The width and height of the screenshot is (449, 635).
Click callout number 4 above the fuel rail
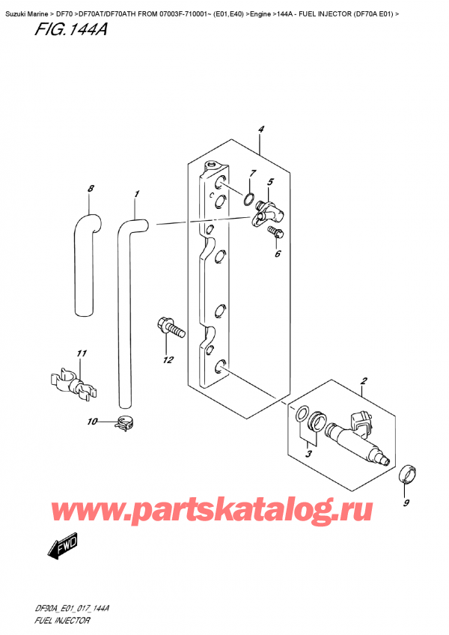(261, 130)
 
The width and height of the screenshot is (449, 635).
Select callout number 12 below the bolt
(168, 359)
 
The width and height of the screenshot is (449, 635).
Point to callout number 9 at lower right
(406, 502)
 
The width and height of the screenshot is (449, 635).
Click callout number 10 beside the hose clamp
(92, 422)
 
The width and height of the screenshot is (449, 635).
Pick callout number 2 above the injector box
(364, 380)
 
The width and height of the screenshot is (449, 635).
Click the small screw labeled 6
(275, 234)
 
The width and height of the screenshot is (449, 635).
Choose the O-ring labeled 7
(250, 199)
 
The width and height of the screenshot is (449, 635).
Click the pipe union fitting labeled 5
(268, 212)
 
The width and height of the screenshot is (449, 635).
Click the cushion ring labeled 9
(408, 475)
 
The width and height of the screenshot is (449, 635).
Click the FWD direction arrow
(62, 547)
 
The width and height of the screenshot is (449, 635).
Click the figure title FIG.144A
(71, 29)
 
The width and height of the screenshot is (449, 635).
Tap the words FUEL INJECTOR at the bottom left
(62, 621)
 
